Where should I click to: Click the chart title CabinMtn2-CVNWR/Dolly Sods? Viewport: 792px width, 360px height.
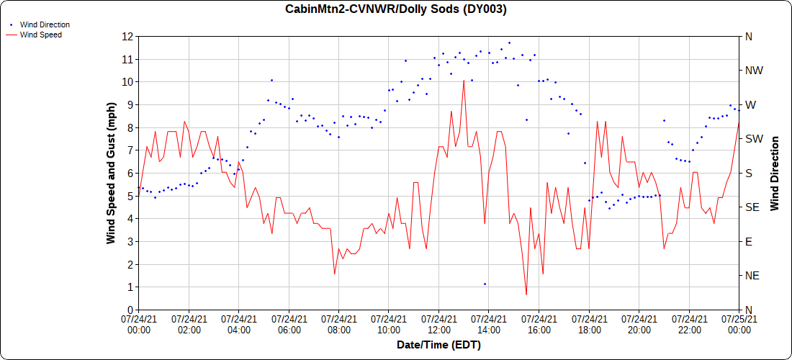[396, 9]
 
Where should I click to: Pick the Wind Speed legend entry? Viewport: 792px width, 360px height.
[40, 34]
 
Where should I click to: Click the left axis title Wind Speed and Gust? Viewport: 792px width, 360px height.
[111, 173]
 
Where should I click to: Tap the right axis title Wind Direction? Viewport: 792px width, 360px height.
[775, 173]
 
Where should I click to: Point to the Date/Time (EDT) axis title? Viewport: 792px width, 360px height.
[438, 345]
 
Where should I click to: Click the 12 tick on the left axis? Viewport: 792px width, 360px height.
[128, 36]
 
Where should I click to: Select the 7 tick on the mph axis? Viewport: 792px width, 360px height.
[130, 150]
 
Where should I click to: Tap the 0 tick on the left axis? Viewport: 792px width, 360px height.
[130, 310]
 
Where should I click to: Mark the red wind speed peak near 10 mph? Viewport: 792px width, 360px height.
[464, 80]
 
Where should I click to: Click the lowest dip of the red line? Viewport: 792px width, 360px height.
[526, 294]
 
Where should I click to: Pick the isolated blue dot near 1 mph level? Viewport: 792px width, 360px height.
[485, 284]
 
